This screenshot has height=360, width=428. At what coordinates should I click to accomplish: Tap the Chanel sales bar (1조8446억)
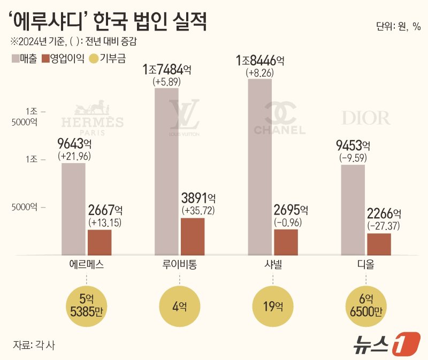click(x=261, y=166)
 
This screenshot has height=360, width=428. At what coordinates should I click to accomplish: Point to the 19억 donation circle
click(x=273, y=306)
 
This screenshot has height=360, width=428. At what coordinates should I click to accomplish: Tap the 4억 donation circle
click(x=180, y=306)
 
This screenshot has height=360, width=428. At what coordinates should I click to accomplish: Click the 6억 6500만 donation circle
click(x=366, y=306)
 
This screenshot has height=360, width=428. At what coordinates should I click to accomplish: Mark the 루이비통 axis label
click(x=180, y=265)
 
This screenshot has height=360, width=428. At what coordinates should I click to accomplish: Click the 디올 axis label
click(x=366, y=265)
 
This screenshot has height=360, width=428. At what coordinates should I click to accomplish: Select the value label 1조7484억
click(x=167, y=70)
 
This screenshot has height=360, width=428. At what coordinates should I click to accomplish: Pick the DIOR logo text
click(x=366, y=118)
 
